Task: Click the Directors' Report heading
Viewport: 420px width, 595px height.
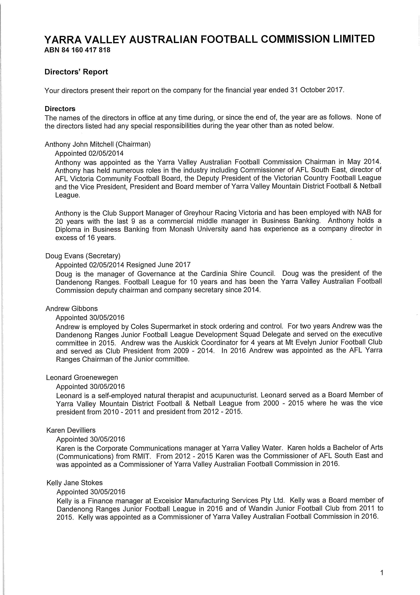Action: (x=76, y=72)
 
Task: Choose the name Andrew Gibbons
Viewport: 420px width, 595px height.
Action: (x=71, y=309)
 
